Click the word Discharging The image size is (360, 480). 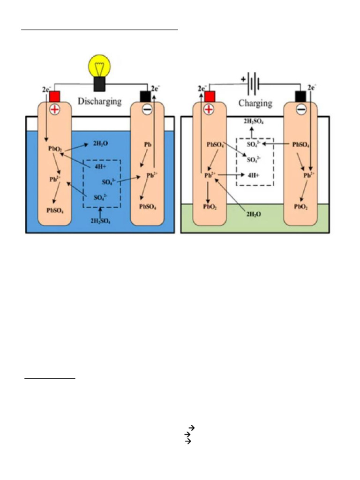(x=100, y=101)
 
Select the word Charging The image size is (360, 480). (x=255, y=103)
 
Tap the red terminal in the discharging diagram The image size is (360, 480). (x=55, y=97)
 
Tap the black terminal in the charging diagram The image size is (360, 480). (x=300, y=97)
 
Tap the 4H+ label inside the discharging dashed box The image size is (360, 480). (x=101, y=165)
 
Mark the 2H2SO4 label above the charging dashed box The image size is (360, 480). (x=254, y=121)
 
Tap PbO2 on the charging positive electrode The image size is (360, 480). (x=210, y=206)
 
